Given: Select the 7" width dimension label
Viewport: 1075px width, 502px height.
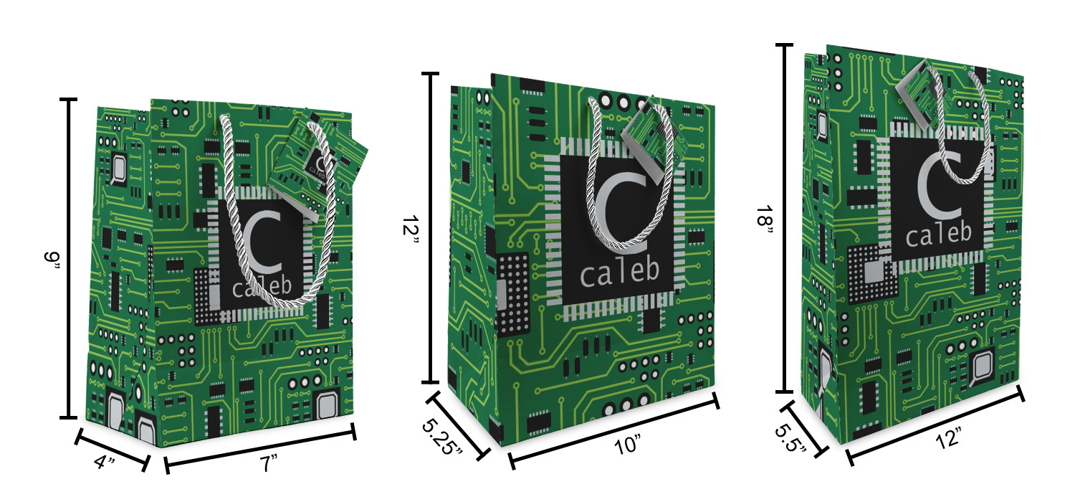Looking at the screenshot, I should click(269, 464).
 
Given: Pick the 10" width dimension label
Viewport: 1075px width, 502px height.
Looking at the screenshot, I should click(628, 446).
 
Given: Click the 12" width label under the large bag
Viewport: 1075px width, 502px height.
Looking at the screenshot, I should click(948, 437).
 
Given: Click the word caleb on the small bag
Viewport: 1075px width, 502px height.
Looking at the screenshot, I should click(262, 288).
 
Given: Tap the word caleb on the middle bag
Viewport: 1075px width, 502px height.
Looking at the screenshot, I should click(618, 272).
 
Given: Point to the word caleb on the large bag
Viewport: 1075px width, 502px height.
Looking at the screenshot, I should click(938, 233).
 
